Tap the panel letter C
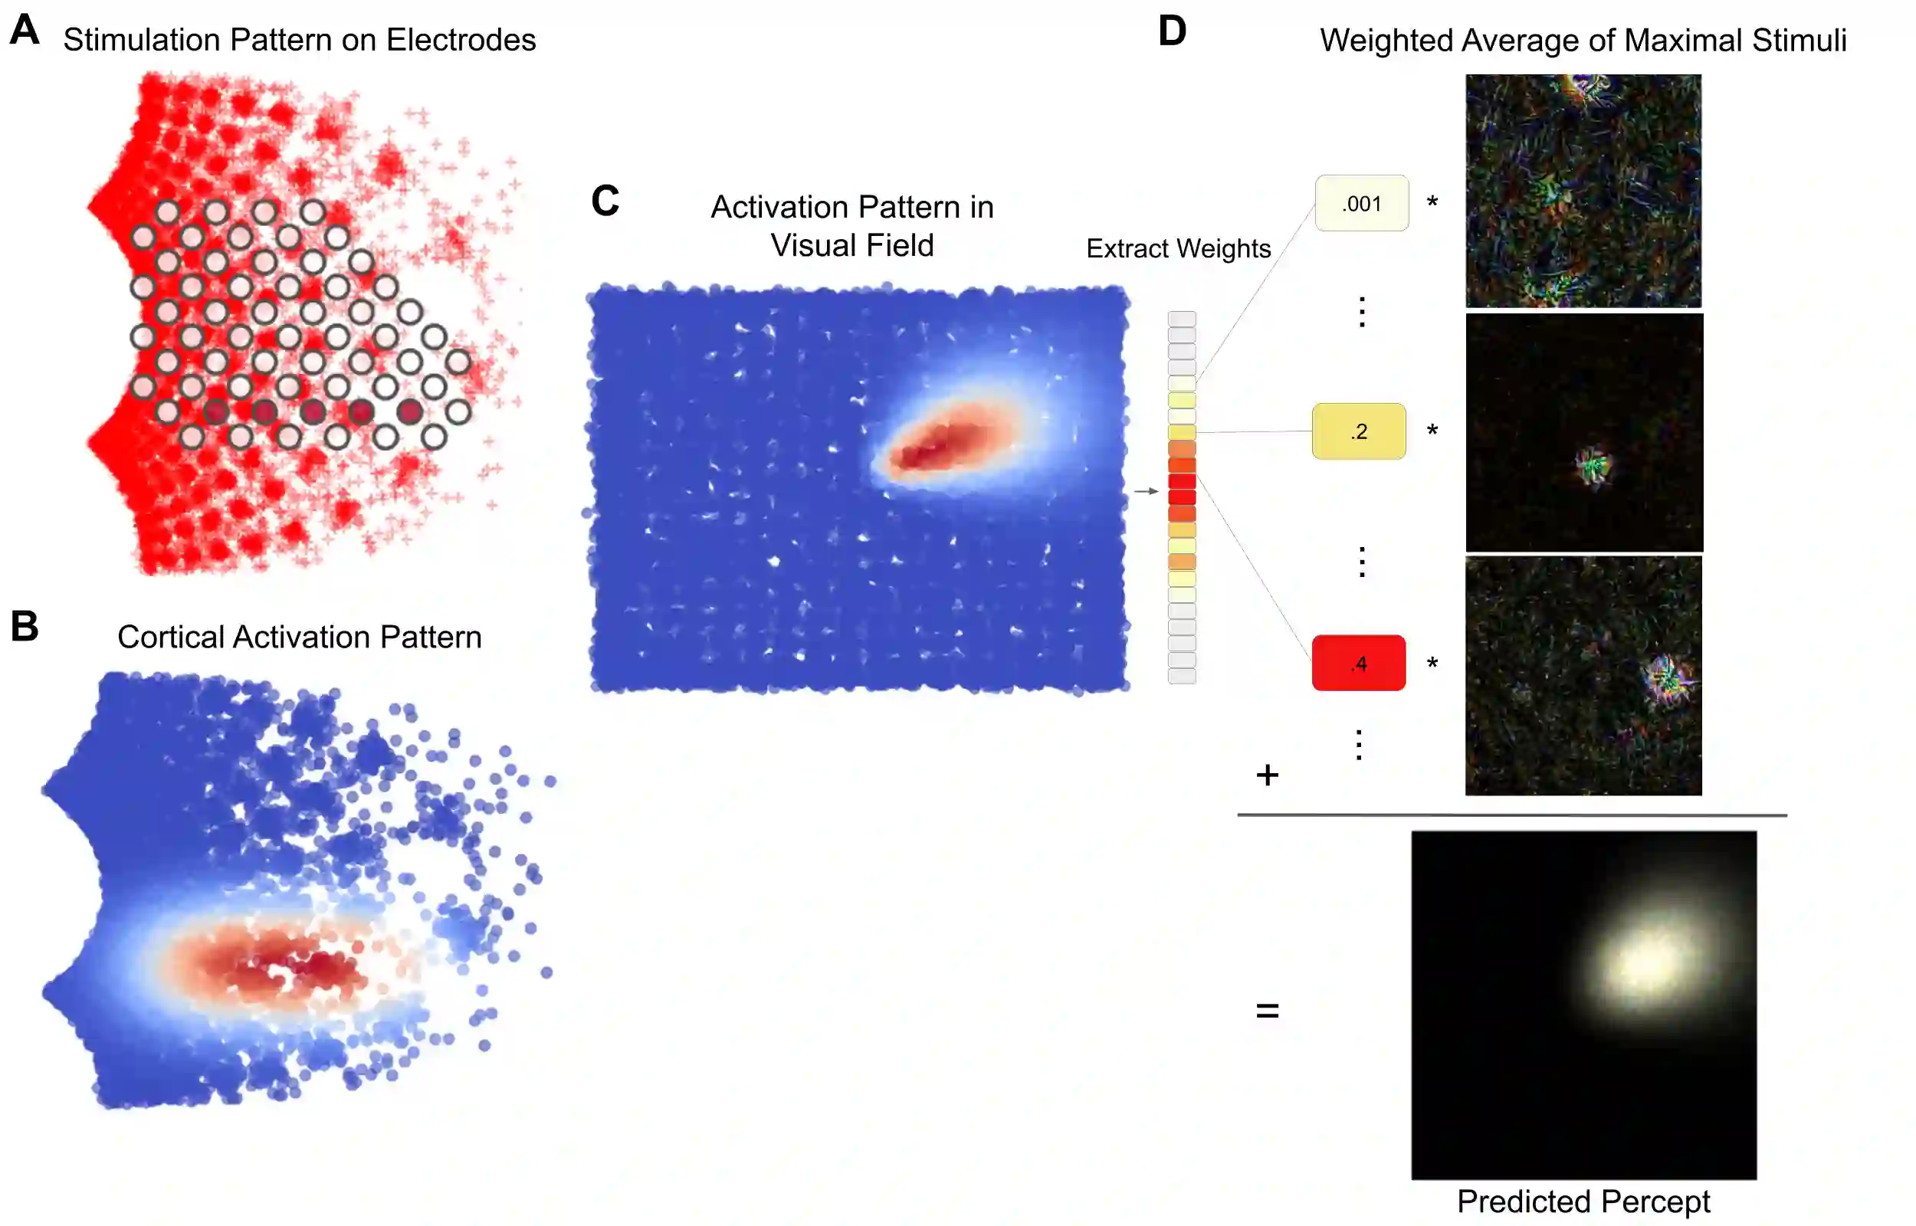coord(605,201)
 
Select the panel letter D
coord(1172,32)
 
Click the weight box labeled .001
coord(1361,204)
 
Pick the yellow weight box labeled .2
coord(1358,431)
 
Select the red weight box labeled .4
coord(1358,663)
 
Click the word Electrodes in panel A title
coord(461,40)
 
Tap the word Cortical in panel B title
coord(170,637)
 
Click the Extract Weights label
coord(1178,248)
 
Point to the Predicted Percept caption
coord(1583,1201)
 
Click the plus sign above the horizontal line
coord(1268,775)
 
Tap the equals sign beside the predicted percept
coord(1268,1011)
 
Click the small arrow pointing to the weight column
coord(1147,491)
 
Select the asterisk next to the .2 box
coord(1432,431)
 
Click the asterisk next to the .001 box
coord(1432,202)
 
